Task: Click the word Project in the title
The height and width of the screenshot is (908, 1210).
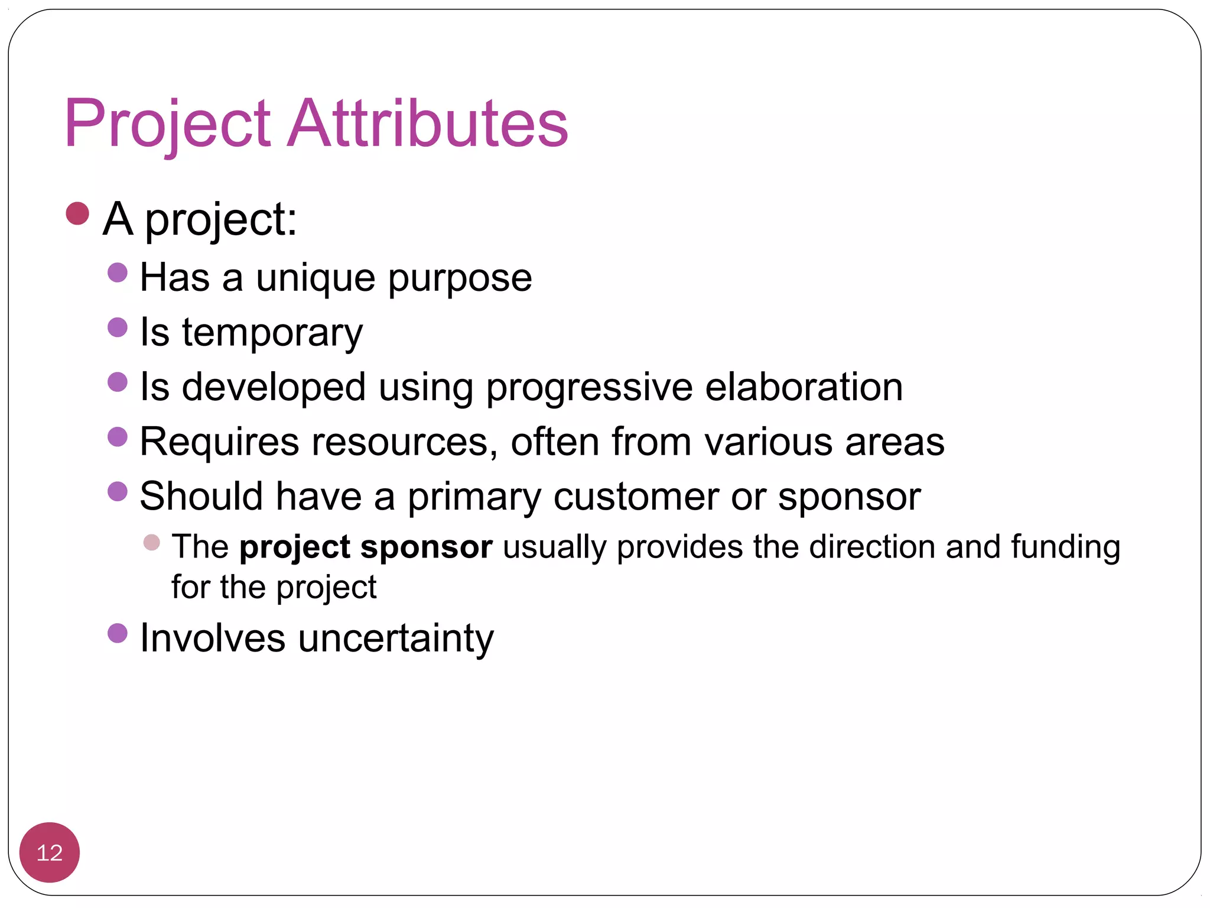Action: pos(167,124)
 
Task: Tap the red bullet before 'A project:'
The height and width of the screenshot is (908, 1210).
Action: pos(77,213)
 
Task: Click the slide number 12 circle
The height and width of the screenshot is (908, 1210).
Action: pos(50,852)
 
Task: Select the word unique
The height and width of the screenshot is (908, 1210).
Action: pos(315,278)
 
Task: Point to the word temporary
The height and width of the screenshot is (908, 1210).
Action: pos(272,333)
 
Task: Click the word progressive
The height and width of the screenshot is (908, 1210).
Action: pos(589,388)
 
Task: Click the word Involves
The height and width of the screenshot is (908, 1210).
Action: pos(212,638)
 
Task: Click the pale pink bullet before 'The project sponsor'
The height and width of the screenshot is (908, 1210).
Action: pos(152,542)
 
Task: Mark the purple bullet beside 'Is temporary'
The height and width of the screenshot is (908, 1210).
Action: pos(118,327)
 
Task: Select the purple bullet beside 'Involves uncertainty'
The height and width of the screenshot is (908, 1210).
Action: pos(118,633)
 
